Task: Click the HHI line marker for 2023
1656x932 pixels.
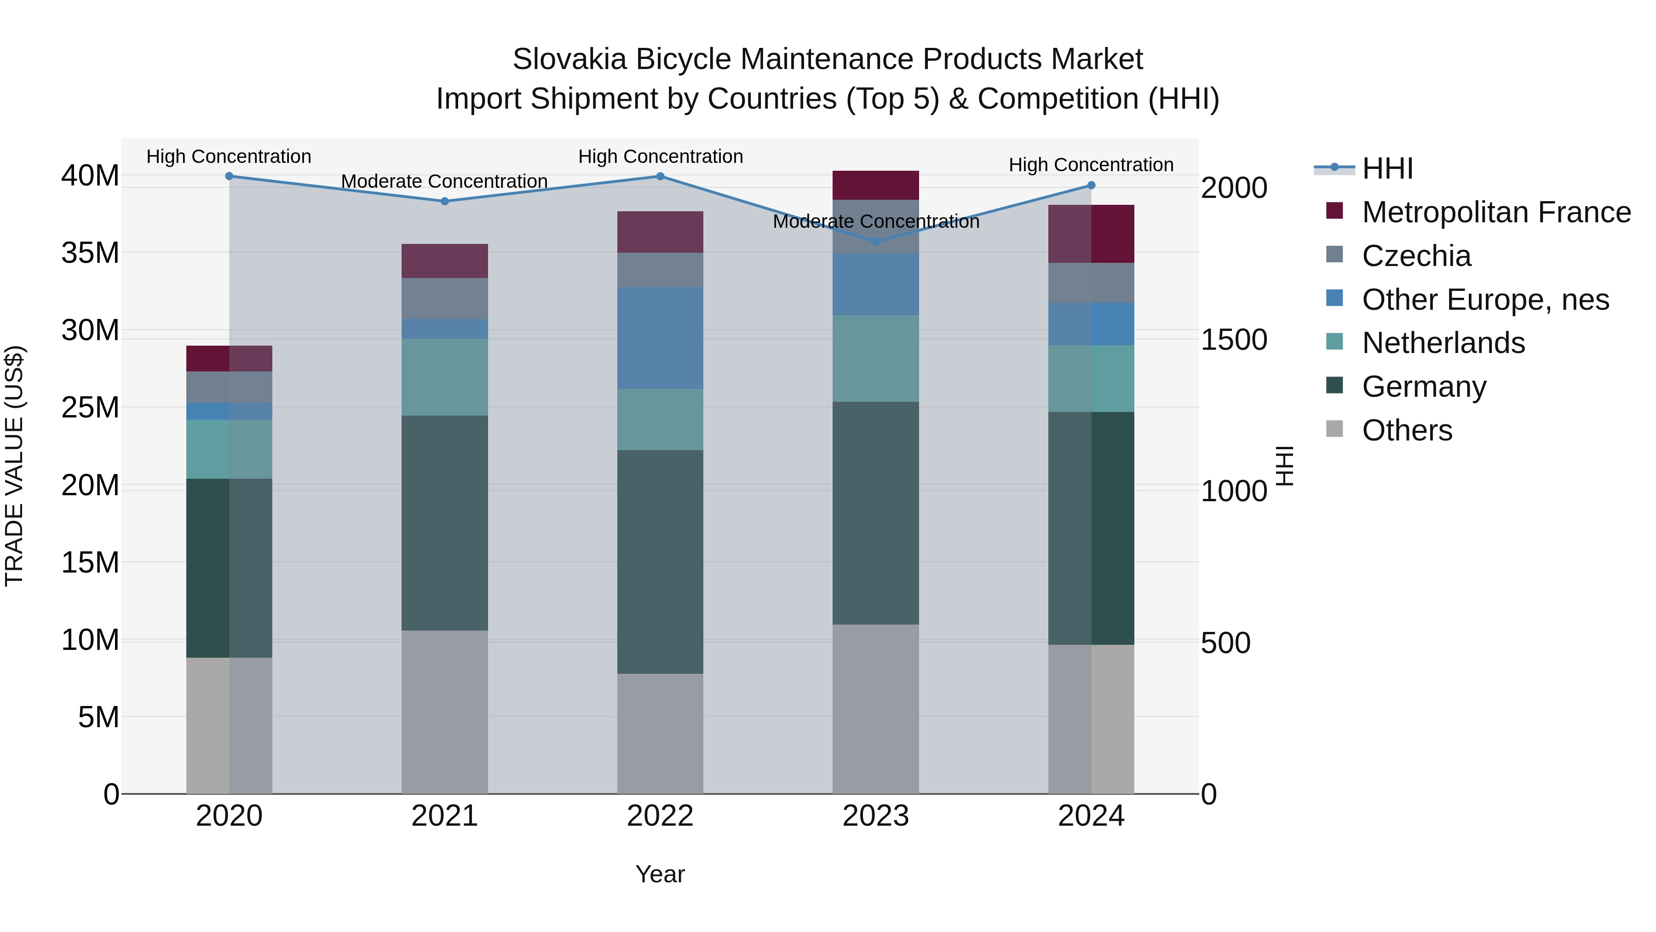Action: (x=875, y=242)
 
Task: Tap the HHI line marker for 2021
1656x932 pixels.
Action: (x=444, y=201)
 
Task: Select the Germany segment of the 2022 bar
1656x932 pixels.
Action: (x=660, y=562)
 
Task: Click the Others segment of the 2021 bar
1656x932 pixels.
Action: (x=444, y=712)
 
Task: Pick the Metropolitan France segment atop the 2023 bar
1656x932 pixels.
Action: (x=875, y=185)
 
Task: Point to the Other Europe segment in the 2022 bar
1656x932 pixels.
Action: (x=660, y=338)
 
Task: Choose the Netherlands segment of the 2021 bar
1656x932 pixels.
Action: (x=444, y=377)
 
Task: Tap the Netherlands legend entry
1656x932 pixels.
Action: (x=1443, y=343)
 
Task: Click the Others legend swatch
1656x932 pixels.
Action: (x=1334, y=428)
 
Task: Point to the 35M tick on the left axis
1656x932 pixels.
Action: (x=90, y=253)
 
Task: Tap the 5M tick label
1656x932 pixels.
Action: (x=98, y=717)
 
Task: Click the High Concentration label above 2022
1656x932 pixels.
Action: (x=660, y=156)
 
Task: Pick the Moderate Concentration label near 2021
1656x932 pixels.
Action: (x=444, y=181)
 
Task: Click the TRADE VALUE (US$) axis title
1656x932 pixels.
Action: (x=14, y=466)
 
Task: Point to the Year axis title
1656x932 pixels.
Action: (x=660, y=874)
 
